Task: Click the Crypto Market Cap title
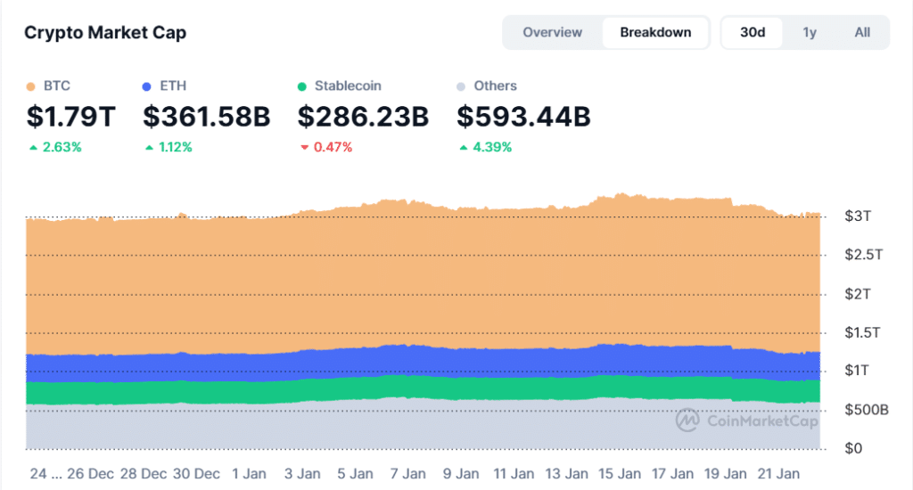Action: tap(105, 33)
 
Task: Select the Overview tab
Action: tap(552, 32)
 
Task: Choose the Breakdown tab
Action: tap(655, 32)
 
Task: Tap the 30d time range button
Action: tap(753, 32)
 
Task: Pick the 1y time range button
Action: tap(810, 32)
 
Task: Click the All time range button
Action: tap(862, 32)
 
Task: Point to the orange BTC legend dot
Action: tap(30, 86)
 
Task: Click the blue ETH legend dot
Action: tap(147, 86)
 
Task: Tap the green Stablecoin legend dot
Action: tap(302, 86)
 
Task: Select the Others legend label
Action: tap(495, 86)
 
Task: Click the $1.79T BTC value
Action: tap(70, 117)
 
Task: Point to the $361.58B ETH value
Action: tap(206, 117)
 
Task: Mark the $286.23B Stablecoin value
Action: tap(363, 117)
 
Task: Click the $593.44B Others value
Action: tap(523, 117)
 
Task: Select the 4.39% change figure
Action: tap(491, 147)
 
